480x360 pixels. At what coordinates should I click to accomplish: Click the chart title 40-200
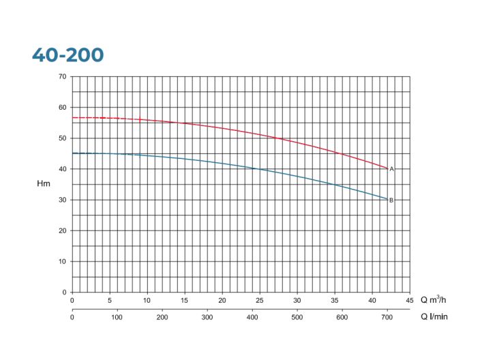pyautogui.click(x=67, y=55)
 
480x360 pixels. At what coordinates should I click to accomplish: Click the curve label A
pyautogui.click(x=391, y=169)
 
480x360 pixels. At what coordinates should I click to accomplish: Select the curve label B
pyautogui.click(x=391, y=200)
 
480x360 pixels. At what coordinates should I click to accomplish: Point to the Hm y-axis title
pyautogui.click(x=44, y=184)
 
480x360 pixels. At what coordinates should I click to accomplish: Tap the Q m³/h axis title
pyautogui.click(x=434, y=300)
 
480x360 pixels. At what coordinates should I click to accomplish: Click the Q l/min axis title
pyautogui.click(x=434, y=316)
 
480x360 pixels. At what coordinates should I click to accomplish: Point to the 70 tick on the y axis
pyautogui.click(x=62, y=76)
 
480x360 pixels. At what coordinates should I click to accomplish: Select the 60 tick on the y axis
pyautogui.click(x=62, y=107)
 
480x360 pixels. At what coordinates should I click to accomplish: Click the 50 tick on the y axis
pyautogui.click(x=62, y=138)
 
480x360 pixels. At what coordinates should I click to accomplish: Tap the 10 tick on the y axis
pyautogui.click(x=62, y=262)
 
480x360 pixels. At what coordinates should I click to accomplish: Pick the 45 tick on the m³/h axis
pyautogui.click(x=410, y=300)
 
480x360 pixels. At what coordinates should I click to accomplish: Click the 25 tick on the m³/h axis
pyautogui.click(x=260, y=300)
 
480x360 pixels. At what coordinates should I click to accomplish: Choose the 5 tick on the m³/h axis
pyautogui.click(x=110, y=300)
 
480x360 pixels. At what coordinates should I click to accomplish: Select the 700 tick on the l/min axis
pyautogui.click(x=387, y=316)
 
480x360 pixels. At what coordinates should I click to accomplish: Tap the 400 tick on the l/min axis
pyautogui.click(x=252, y=316)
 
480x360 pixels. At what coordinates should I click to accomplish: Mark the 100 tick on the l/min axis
pyautogui.click(x=117, y=316)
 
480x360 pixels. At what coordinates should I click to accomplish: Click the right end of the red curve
pyautogui.click(x=387, y=168)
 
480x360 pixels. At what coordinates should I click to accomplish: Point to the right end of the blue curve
pyautogui.click(x=387, y=199)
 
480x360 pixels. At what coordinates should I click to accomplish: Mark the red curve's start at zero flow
pyautogui.click(x=72, y=118)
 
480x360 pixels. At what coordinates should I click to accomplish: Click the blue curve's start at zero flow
pyautogui.click(x=72, y=153)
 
